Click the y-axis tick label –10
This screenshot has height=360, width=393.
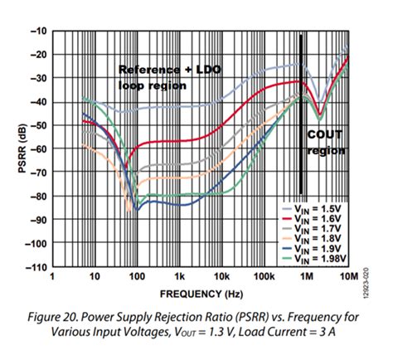37,30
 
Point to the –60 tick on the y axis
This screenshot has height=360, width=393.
37,149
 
